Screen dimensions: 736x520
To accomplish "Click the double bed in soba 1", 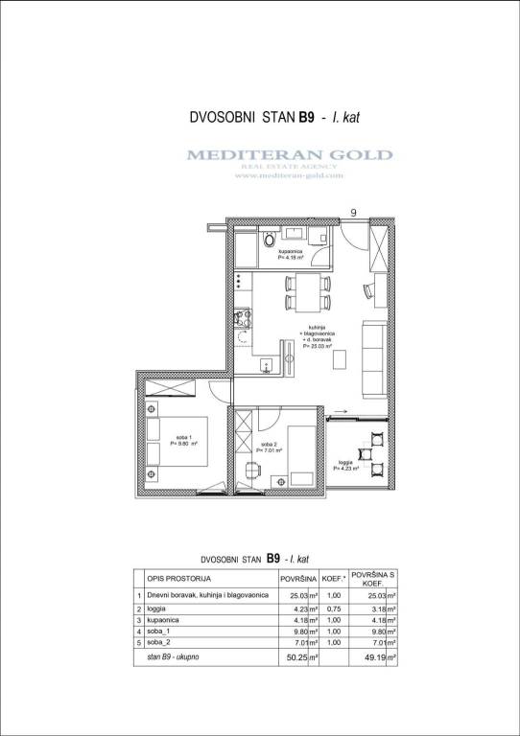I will tap(178, 442).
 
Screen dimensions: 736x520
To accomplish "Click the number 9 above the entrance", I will tap(354, 213).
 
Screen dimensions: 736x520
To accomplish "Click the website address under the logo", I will tap(289, 175).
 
